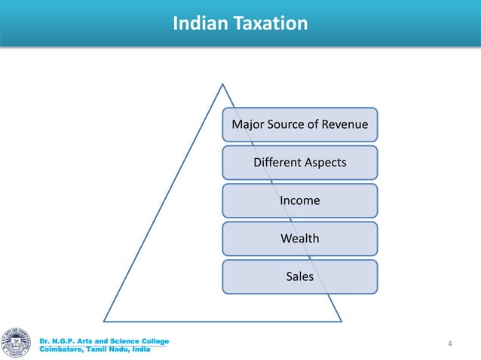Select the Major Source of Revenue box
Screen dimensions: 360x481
(x=299, y=124)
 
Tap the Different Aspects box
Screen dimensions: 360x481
(x=299, y=163)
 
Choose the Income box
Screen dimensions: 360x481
(x=299, y=200)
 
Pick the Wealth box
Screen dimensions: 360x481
(x=299, y=239)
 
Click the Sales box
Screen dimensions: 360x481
(x=299, y=276)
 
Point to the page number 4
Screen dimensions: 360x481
(x=450, y=344)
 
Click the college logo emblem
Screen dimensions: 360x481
(x=18, y=342)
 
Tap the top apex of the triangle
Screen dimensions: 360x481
(x=222, y=84)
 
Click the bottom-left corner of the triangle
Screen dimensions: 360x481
(x=104, y=320)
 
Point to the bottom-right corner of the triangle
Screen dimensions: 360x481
(x=341, y=320)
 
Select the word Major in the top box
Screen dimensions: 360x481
(x=247, y=124)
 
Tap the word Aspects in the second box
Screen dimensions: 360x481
(x=324, y=163)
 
